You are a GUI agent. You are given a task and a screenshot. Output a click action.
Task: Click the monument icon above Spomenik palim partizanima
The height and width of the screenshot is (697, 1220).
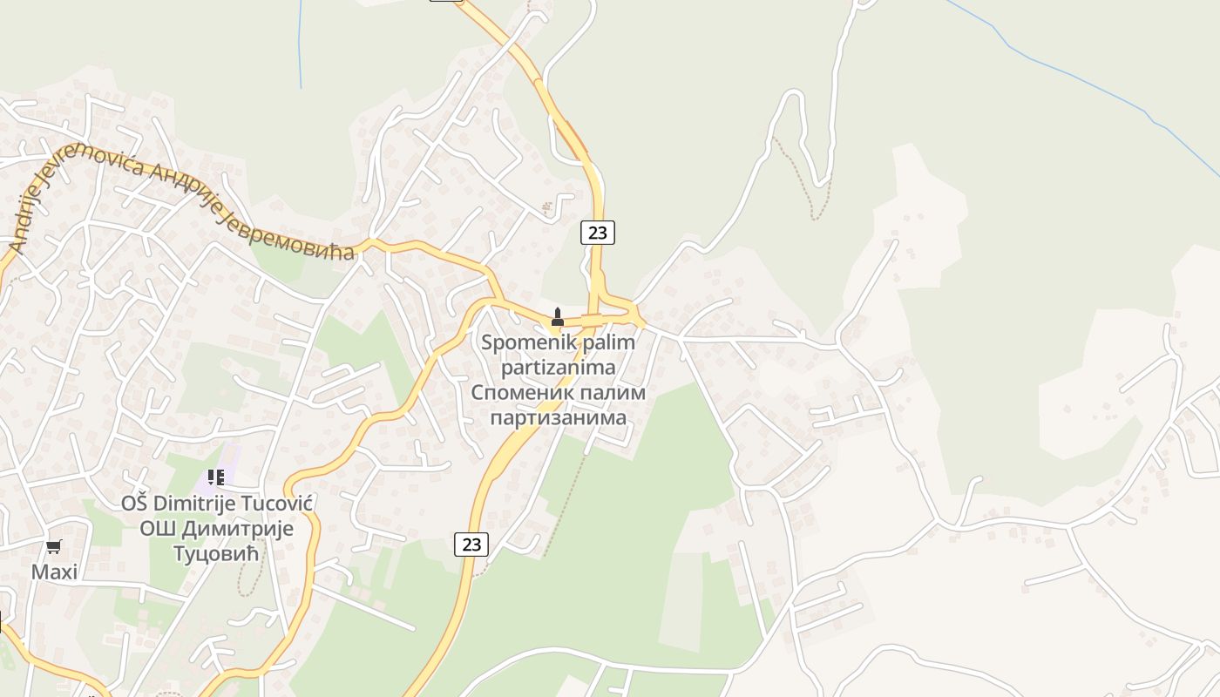click(558, 316)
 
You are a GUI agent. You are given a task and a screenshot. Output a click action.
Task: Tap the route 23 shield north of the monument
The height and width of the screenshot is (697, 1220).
click(598, 233)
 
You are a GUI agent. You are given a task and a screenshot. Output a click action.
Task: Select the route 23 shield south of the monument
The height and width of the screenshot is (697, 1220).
click(471, 545)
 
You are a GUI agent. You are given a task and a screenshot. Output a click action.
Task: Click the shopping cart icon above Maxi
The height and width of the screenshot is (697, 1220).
click(54, 547)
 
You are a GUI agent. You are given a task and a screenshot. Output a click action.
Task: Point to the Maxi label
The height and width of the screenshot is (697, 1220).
click(54, 572)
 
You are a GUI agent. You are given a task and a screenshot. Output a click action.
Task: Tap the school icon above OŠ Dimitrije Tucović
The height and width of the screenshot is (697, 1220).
click(216, 477)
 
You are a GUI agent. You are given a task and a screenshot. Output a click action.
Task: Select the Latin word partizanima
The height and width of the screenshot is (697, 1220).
click(559, 368)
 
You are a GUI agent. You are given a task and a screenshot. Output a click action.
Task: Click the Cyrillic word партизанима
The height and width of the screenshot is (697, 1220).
click(559, 417)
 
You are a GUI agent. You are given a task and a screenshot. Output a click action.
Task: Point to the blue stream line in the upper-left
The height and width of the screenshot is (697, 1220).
click(301, 44)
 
